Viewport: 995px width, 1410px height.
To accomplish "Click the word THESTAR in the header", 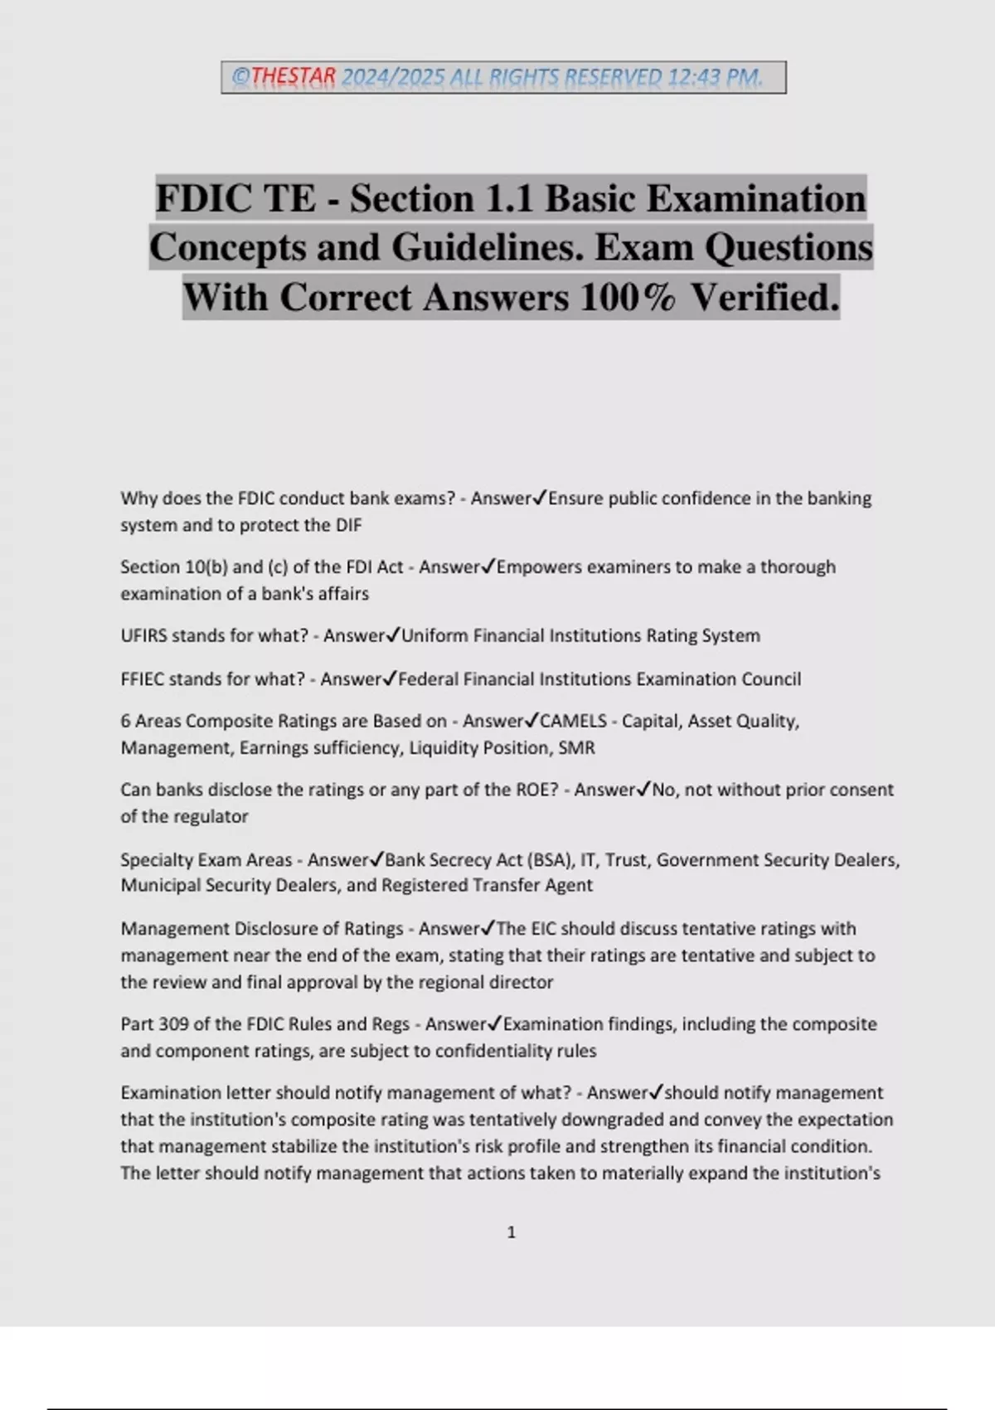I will pos(294,77).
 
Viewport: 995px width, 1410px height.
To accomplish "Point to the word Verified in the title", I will pos(764,297).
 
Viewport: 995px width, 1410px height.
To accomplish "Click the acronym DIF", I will pos(348,525).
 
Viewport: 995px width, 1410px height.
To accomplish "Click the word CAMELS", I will pos(573,721).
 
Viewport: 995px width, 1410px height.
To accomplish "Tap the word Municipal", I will pos(157,885).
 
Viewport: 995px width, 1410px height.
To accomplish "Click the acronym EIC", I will pos(547,928).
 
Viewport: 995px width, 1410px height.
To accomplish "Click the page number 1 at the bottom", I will pos(512,1233).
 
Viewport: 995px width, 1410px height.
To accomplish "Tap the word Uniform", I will pos(434,635).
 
